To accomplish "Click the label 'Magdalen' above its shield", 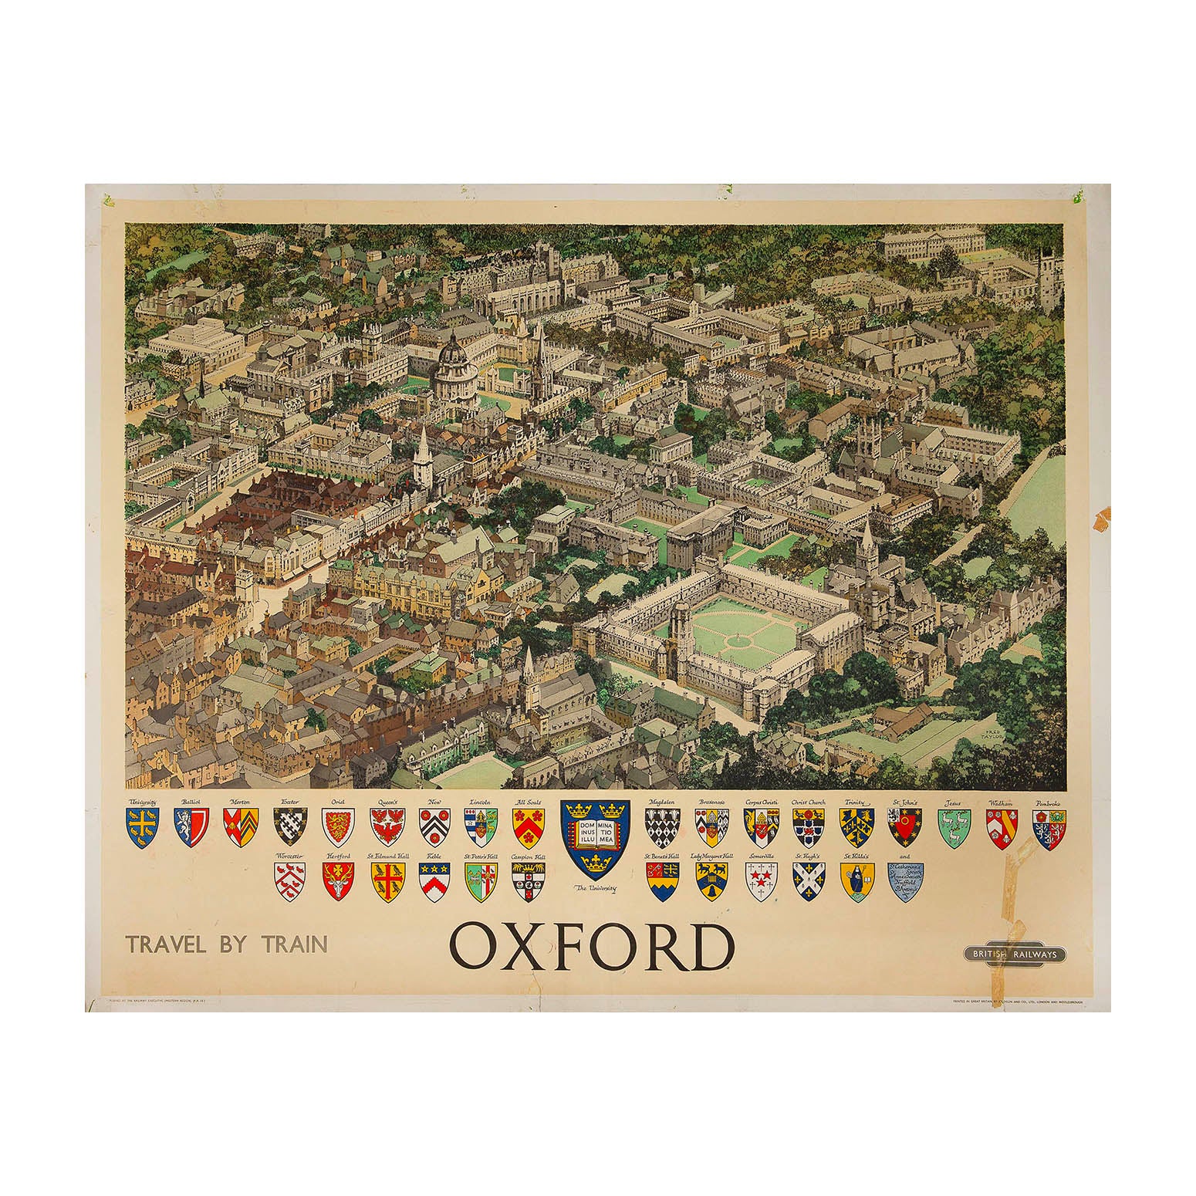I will [662, 803].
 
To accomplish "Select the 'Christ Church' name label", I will [808, 803].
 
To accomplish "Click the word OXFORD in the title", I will [590, 947].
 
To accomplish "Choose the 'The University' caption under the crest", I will [596, 890].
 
